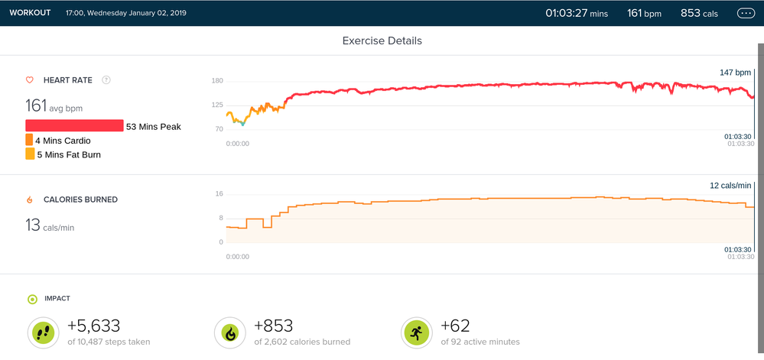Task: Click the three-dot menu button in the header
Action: pos(745,13)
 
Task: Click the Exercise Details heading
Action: pos(382,41)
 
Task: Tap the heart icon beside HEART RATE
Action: pos(30,79)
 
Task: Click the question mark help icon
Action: pos(106,79)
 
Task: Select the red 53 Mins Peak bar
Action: pos(74,126)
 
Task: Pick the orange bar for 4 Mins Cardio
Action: pos(29,140)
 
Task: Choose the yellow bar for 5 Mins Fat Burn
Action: pos(30,154)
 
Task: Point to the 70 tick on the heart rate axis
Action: pos(218,129)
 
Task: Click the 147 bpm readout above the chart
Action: pos(735,73)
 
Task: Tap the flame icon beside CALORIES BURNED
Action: pos(30,199)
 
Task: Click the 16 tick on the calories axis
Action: pos(219,194)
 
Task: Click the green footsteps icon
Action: pos(43,332)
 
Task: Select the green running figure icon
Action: pos(415,332)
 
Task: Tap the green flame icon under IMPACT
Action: pos(229,332)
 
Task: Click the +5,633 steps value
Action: pos(94,326)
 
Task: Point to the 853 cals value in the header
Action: pos(699,13)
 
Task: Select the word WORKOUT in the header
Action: pos(30,13)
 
